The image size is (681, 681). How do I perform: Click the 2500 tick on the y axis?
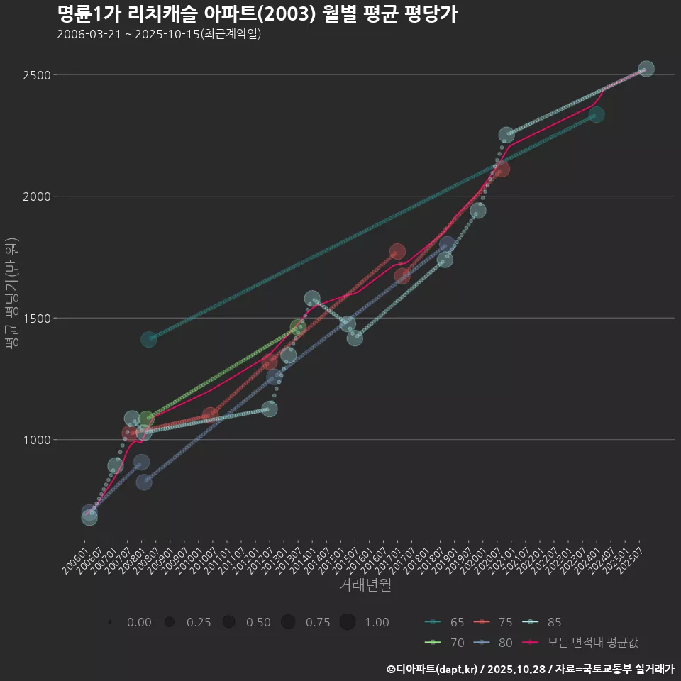pyautogui.click(x=35, y=75)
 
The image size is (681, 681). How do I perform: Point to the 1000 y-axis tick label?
pyautogui.click(x=35, y=440)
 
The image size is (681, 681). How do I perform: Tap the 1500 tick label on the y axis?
pyautogui.click(x=35, y=319)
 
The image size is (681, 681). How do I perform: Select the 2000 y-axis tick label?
pyautogui.click(x=35, y=196)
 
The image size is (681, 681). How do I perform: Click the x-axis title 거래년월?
pyautogui.click(x=365, y=585)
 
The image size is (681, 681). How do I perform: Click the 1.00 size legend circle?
pyautogui.click(x=347, y=622)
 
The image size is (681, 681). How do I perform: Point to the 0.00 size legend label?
pyautogui.click(x=139, y=623)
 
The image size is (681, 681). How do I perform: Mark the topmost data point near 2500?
pyautogui.click(x=646, y=69)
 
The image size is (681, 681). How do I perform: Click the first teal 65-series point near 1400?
pyautogui.click(x=148, y=340)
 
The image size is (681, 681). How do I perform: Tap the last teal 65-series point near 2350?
pyautogui.click(x=597, y=115)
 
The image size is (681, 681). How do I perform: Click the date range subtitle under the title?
pyautogui.click(x=159, y=34)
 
